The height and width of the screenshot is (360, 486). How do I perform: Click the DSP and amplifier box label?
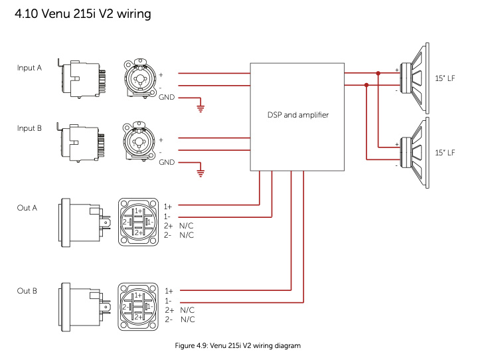pos(297,115)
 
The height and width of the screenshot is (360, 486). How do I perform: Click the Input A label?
pos(30,68)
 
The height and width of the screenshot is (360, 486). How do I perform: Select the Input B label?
pos(30,128)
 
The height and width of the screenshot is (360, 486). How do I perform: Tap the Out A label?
pos(27,208)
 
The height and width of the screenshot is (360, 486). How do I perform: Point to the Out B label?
pos(27,291)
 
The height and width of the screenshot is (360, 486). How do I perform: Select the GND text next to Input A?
pos(167,98)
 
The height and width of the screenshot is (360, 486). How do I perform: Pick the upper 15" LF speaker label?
pos(445,78)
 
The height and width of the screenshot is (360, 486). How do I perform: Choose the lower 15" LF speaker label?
pos(445,153)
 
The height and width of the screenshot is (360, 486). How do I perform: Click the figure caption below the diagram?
pos(238,346)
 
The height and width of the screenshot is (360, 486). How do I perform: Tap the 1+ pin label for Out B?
pos(169,291)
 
